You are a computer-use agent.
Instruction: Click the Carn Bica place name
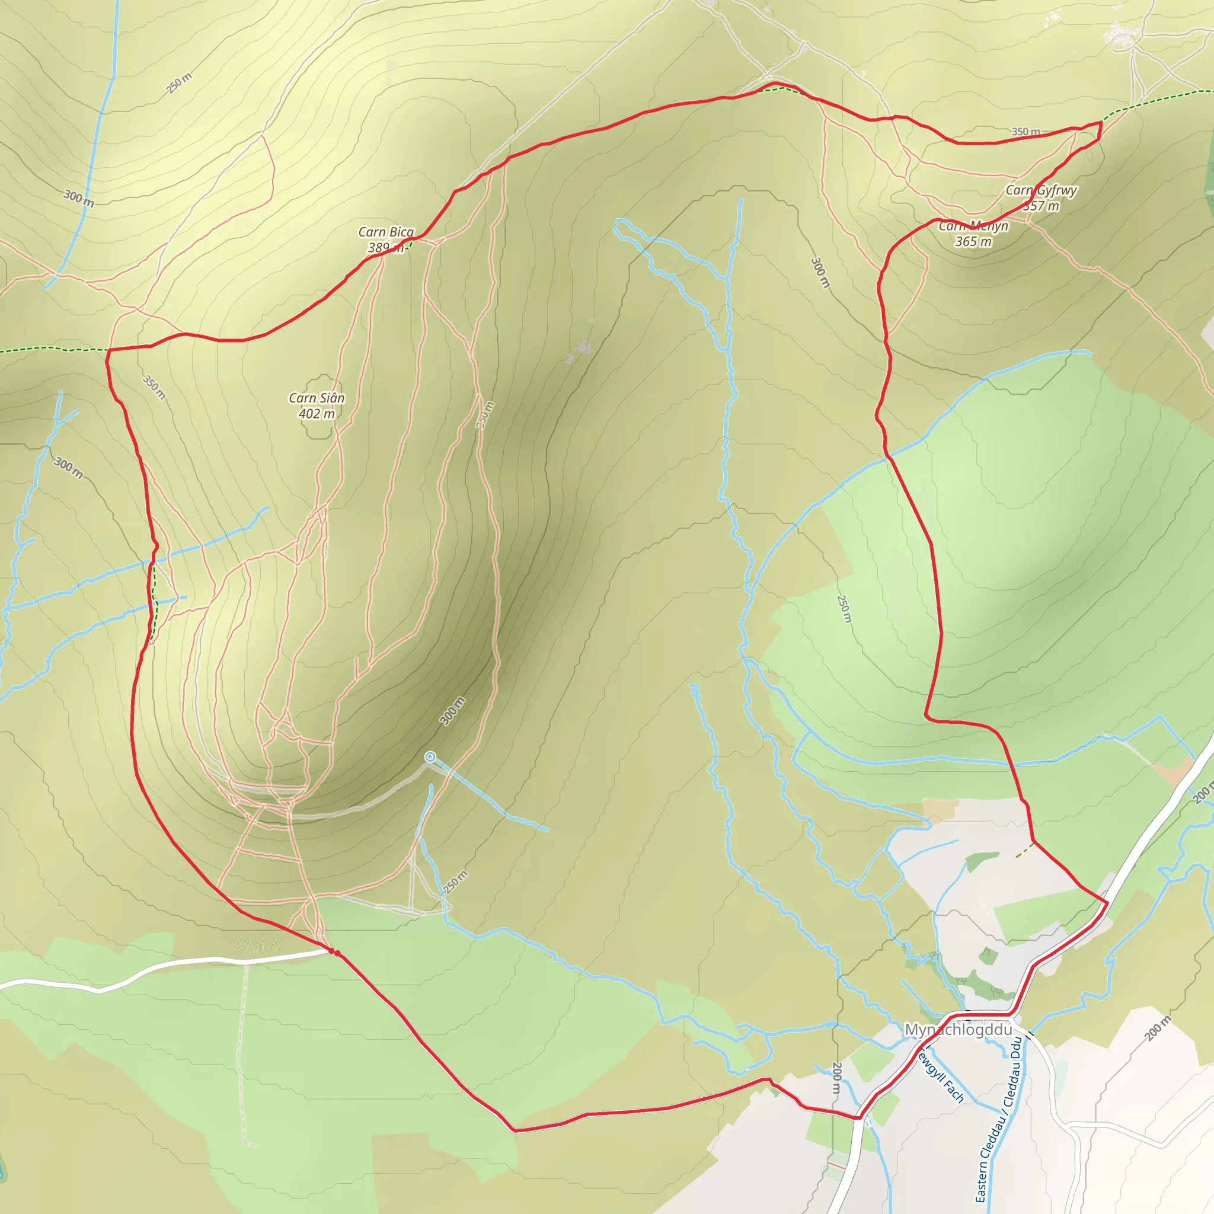pos(386,232)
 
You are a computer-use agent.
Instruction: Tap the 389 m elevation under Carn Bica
pos(385,248)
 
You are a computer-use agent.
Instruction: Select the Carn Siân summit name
pos(317,398)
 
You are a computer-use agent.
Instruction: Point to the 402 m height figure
pos(317,414)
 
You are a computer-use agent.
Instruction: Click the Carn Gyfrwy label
pos(1041,190)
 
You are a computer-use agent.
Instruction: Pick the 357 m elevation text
pos(1041,206)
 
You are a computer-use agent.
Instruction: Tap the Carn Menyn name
pos(973,226)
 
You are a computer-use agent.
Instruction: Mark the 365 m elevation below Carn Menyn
pos(973,242)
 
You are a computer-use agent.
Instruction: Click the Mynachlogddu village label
pos(959,1030)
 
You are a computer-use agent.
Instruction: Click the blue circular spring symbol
pos(430,756)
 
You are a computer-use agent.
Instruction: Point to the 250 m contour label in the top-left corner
pos(180,83)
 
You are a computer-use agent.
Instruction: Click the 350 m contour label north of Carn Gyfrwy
pos(1025,132)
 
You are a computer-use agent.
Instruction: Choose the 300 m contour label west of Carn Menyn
pos(820,272)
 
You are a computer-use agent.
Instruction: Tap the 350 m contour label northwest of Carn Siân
pos(154,387)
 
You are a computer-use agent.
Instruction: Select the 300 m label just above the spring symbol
pos(452,711)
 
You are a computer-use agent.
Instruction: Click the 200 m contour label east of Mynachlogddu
pos(1158,1028)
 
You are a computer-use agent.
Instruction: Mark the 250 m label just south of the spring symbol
pos(456,882)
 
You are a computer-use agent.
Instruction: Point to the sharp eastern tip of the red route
pos(1101,122)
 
